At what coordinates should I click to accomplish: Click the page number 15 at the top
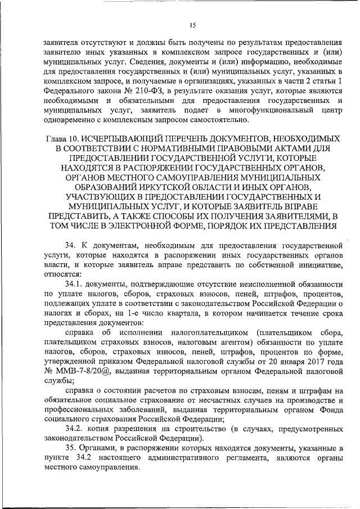tap(192, 25)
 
